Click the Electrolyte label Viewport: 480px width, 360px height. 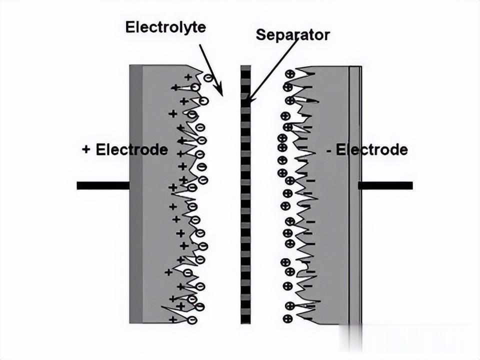[x=165, y=26]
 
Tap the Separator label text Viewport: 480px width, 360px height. [x=292, y=35]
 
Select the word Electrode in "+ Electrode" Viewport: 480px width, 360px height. [x=131, y=149]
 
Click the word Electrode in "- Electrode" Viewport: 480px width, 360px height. [x=371, y=149]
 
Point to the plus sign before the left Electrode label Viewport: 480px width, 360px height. [x=86, y=149]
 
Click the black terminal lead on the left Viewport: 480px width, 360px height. [x=103, y=185]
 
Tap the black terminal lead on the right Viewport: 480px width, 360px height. [x=385, y=185]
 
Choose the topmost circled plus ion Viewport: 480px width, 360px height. [x=289, y=74]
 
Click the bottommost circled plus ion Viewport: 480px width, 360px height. [x=287, y=318]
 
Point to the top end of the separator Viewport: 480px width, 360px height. [x=245, y=67]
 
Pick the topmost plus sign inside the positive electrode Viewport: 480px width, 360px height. [x=188, y=77]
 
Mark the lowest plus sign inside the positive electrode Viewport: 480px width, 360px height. [x=172, y=319]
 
